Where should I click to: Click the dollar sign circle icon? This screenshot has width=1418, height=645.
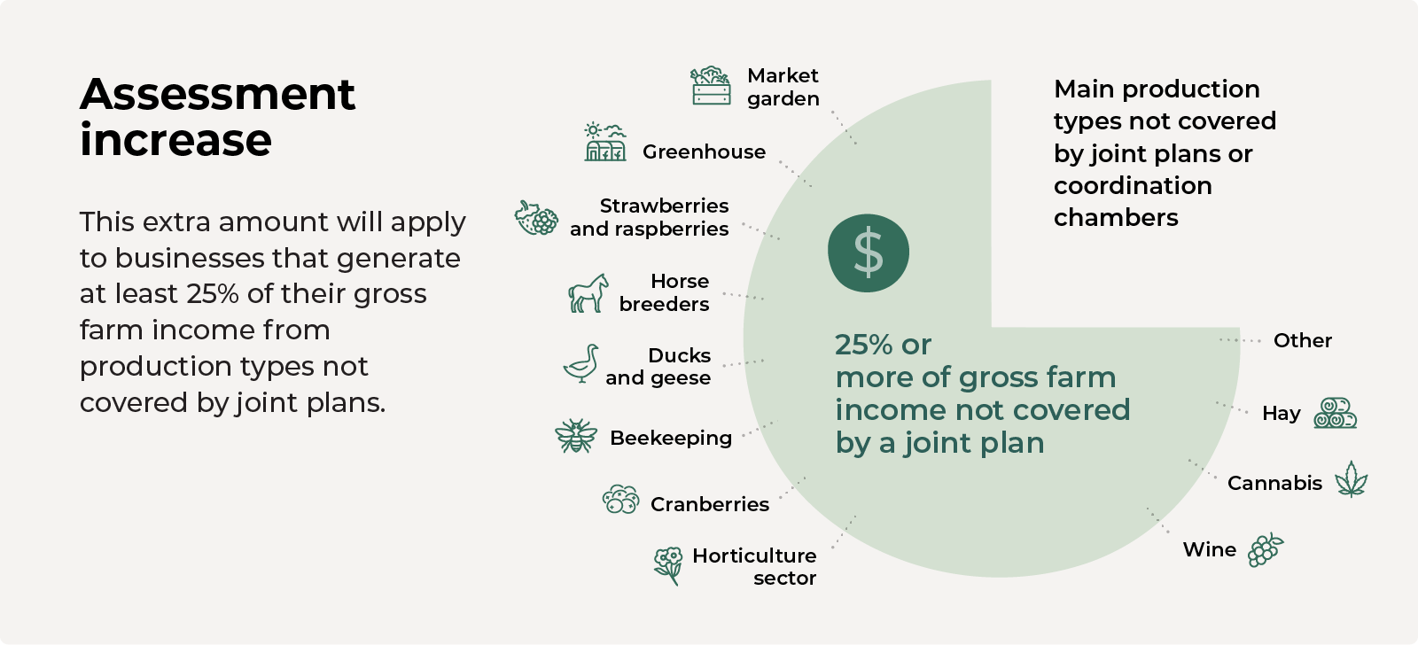(868, 253)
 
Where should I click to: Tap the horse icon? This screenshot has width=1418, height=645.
(588, 293)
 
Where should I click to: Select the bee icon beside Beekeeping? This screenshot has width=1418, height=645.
(575, 436)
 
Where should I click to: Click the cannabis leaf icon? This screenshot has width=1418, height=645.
(1351, 479)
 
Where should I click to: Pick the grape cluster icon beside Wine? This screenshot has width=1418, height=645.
(1266, 549)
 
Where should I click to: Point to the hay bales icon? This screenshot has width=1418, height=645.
(1335, 413)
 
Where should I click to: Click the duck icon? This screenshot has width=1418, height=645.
(581, 363)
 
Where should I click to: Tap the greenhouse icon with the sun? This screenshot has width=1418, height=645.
(605, 142)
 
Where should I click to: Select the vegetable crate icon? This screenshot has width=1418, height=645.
(710, 85)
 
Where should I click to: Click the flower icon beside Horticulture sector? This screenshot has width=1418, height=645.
(668, 566)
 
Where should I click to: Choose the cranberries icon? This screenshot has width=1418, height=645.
(620, 500)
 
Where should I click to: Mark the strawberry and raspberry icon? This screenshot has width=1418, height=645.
(536, 218)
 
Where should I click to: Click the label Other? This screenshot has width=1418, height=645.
(1303, 340)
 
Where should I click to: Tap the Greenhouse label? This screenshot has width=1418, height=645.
(704, 152)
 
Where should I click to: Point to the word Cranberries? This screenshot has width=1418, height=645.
(710, 504)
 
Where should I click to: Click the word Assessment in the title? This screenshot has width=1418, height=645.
(217, 94)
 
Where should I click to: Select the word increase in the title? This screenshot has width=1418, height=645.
(175, 140)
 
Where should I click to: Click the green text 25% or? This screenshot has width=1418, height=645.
(883, 345)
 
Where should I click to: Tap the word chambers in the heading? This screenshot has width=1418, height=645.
(1116, 218)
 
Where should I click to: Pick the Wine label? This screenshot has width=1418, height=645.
(1209, 549)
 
